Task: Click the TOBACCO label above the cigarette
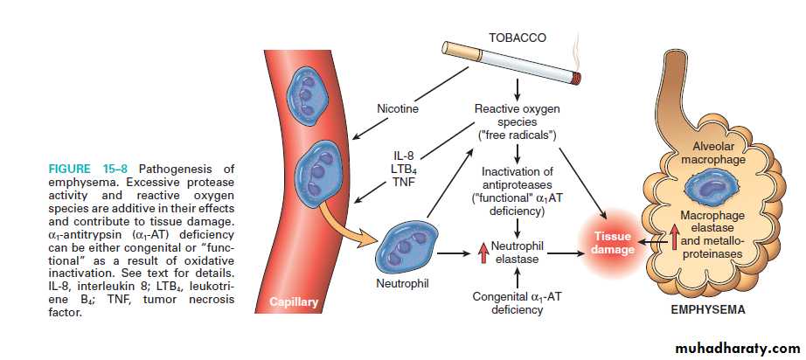(518, 38)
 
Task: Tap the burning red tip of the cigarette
(576, 79)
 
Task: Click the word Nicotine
(398, 110)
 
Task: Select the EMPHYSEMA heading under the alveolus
(709, 310)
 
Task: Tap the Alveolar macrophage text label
(710, 154)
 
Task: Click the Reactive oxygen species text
(518, 122)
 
